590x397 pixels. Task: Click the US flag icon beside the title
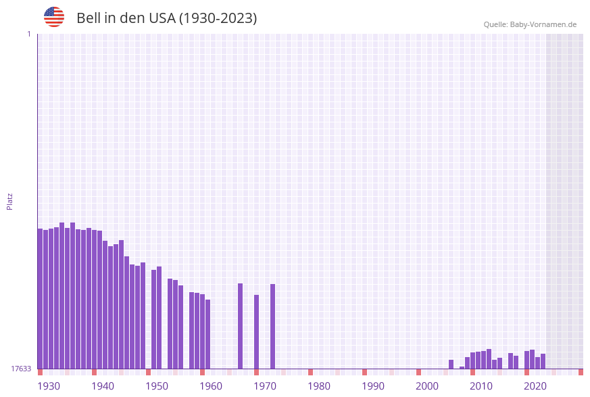54,17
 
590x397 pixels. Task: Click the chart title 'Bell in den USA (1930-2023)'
166,18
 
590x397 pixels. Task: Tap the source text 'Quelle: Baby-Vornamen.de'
530,24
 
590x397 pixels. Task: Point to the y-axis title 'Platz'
10,201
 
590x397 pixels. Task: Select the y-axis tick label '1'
29,34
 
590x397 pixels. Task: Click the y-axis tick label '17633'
21,369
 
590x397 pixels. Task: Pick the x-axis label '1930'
49,386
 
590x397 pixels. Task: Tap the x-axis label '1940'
103,386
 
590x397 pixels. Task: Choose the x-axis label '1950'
157,386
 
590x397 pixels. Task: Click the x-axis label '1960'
211,386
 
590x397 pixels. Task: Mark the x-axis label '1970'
265,386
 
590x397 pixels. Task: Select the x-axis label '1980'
319,386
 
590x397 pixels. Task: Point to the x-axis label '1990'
373,386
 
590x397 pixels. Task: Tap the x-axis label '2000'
427,386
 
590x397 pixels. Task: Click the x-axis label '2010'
481,386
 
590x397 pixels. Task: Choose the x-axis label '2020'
535,386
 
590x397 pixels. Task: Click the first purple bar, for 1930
40,298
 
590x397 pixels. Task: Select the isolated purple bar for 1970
256,331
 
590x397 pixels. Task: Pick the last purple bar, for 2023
543,361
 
